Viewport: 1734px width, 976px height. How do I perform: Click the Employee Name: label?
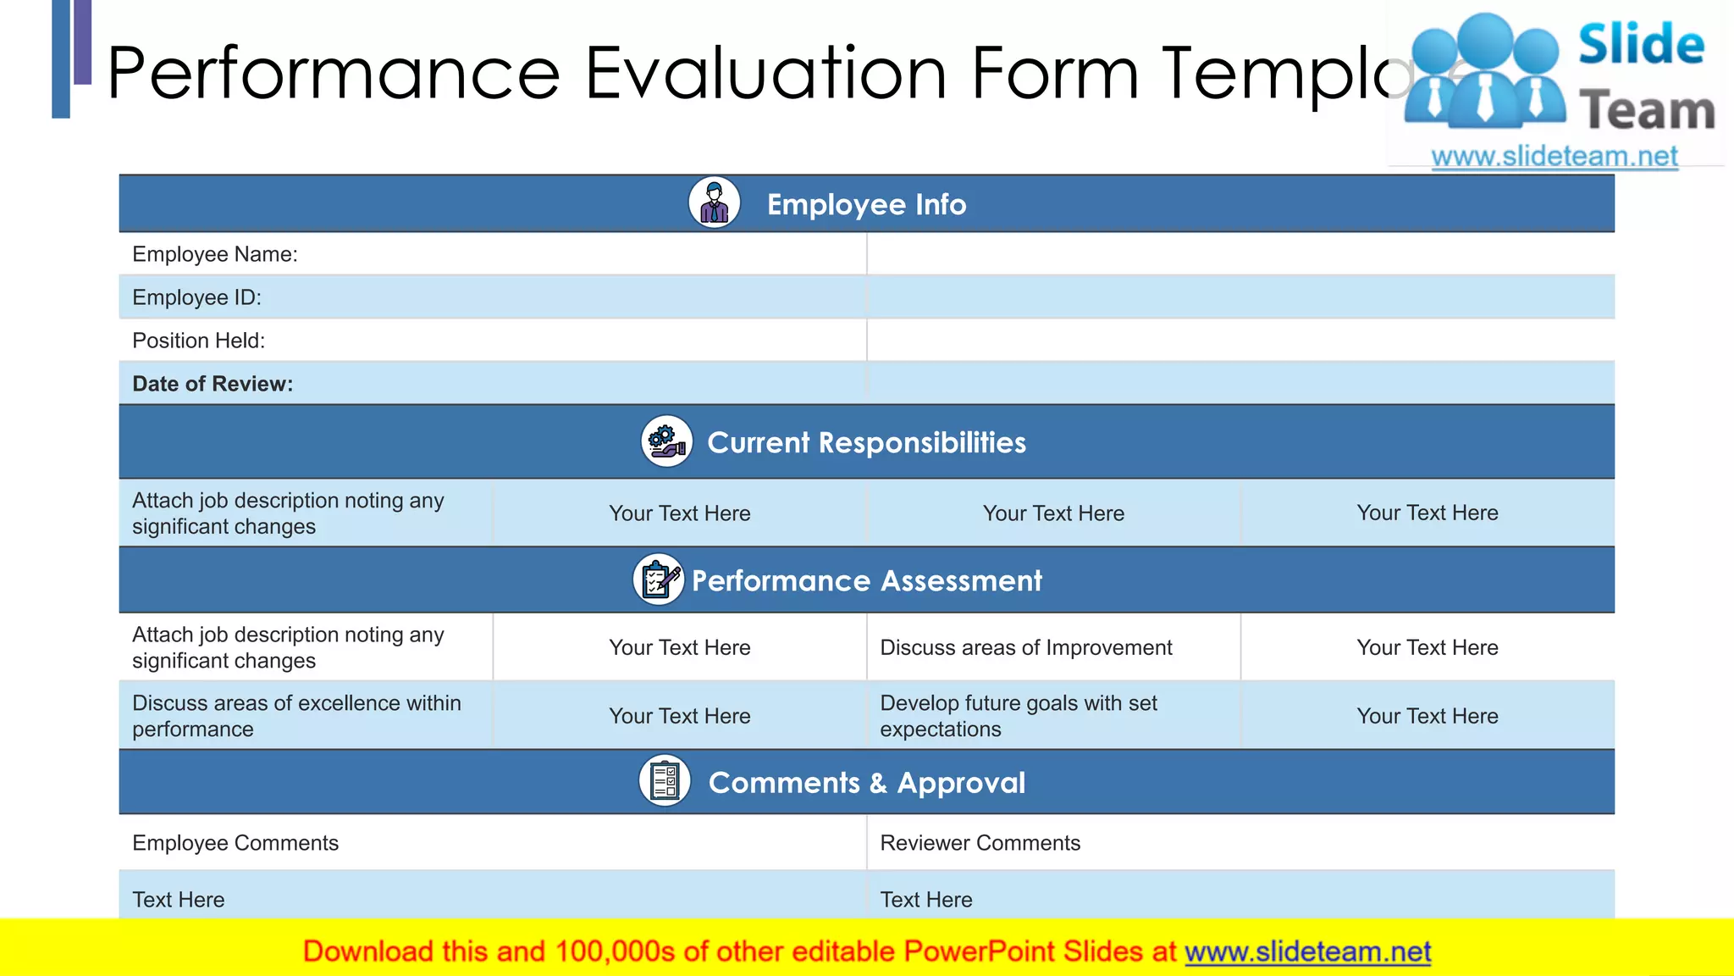(215, 254)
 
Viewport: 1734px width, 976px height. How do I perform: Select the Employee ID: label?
(196, 297)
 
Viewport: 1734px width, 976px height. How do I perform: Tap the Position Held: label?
(198, 341)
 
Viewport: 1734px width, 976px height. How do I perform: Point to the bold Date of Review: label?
(213, 384)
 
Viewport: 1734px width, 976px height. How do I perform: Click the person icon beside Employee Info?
(714, 203)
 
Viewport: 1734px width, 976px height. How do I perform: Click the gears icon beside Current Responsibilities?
(666, 441)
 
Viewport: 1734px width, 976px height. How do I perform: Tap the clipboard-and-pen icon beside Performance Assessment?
(659, 579)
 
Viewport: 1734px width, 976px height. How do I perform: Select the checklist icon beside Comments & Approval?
(665, 781)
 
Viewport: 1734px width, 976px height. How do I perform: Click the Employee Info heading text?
(866, 204)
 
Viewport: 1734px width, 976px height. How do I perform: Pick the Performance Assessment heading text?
(866, 580)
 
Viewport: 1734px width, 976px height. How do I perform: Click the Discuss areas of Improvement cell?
(1025, 647)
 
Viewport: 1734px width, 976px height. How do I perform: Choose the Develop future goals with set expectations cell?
(1018, 716)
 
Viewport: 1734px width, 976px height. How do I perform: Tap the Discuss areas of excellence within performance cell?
(296, 716)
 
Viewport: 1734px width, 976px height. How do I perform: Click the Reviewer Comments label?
(980, 843)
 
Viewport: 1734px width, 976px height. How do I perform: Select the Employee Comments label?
(235, 843)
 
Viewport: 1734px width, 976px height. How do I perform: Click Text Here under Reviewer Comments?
(925, 900)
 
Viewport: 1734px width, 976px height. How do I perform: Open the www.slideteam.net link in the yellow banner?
(1307, 951)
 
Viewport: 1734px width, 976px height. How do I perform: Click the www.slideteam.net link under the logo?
(1554, 157)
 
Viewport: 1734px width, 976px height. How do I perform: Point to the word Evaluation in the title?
(765, 73)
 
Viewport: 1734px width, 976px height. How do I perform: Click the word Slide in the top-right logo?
(1641, 44)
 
